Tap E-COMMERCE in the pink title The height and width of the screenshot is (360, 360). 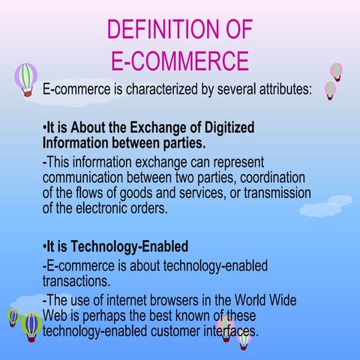tap(179, 60)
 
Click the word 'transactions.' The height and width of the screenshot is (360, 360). tap(77, 281)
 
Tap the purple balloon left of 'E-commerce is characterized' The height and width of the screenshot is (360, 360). tap(25, 78)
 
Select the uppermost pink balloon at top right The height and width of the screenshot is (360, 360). tap(337, 71)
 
